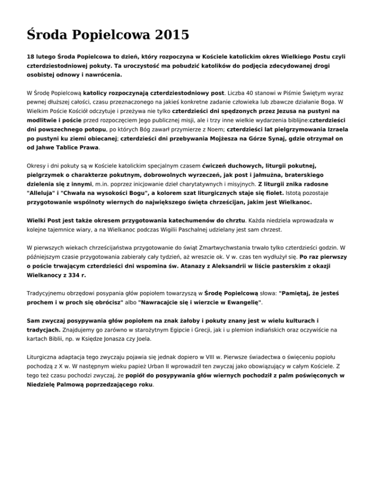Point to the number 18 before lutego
pyautogui.click(x=30, y=57)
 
